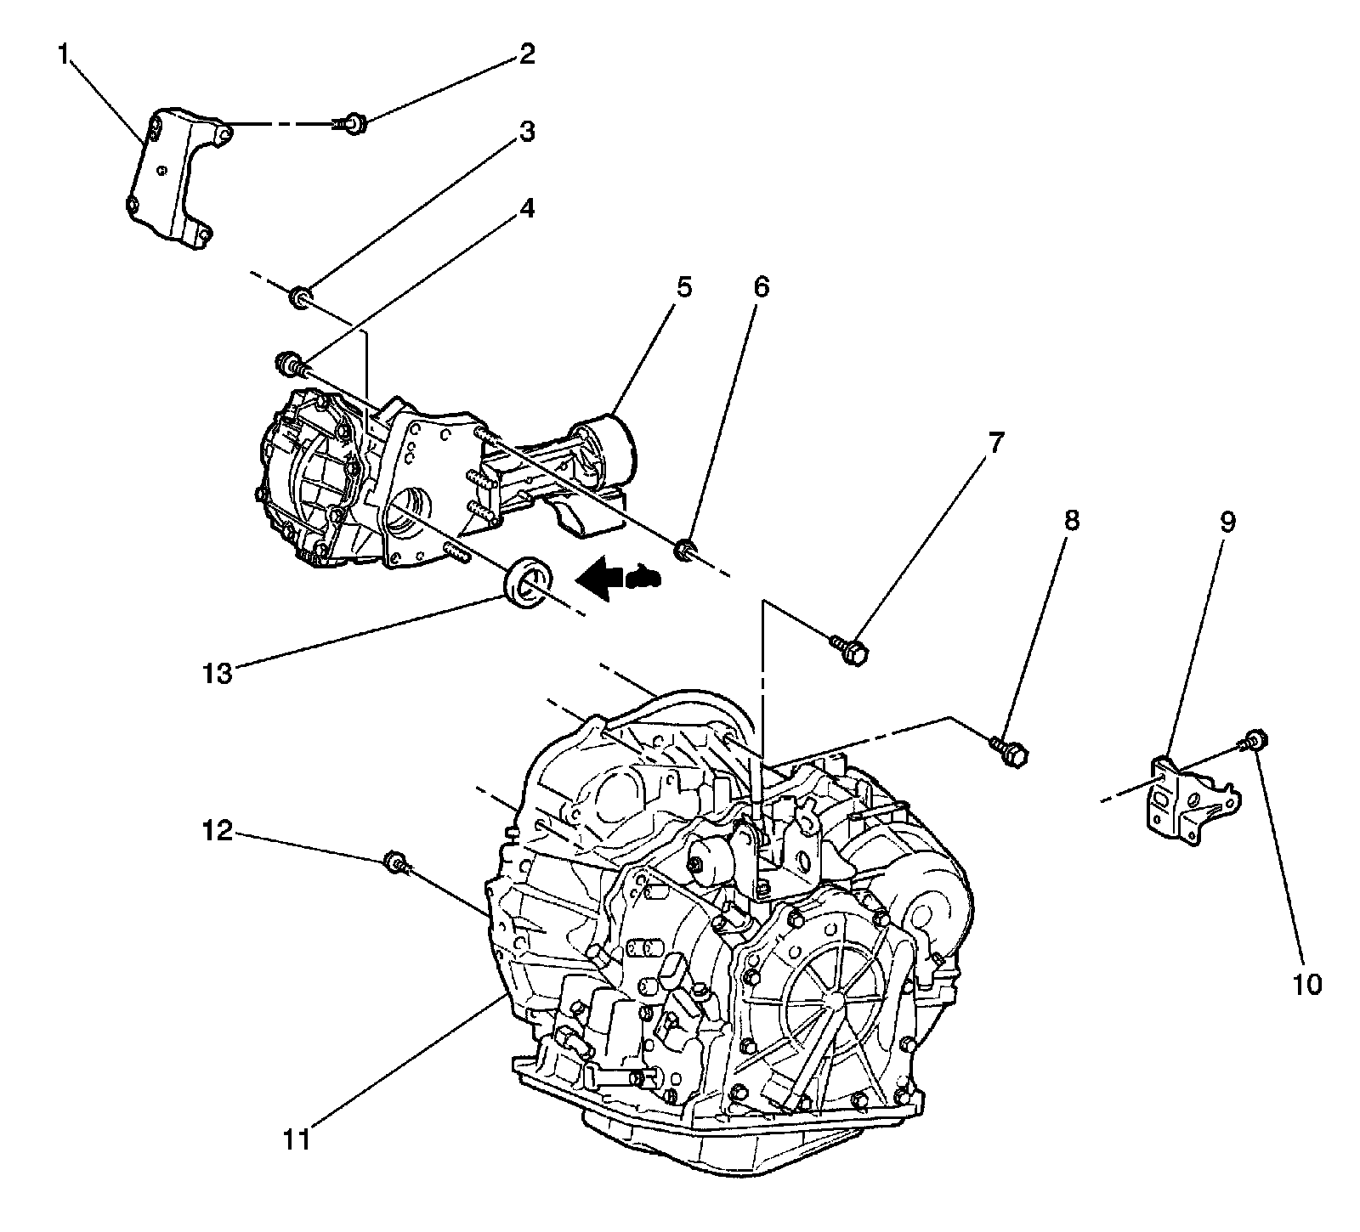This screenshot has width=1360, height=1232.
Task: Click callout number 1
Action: [63, 57]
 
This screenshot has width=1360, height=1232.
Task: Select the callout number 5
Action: [683, 287]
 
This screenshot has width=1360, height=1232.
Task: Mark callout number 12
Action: [217, 830]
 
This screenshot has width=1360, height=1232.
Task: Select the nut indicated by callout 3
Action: [300, 297]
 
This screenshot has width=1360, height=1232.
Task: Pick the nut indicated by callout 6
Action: [686, 552]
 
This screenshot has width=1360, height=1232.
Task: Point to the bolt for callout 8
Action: [1010, 750]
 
